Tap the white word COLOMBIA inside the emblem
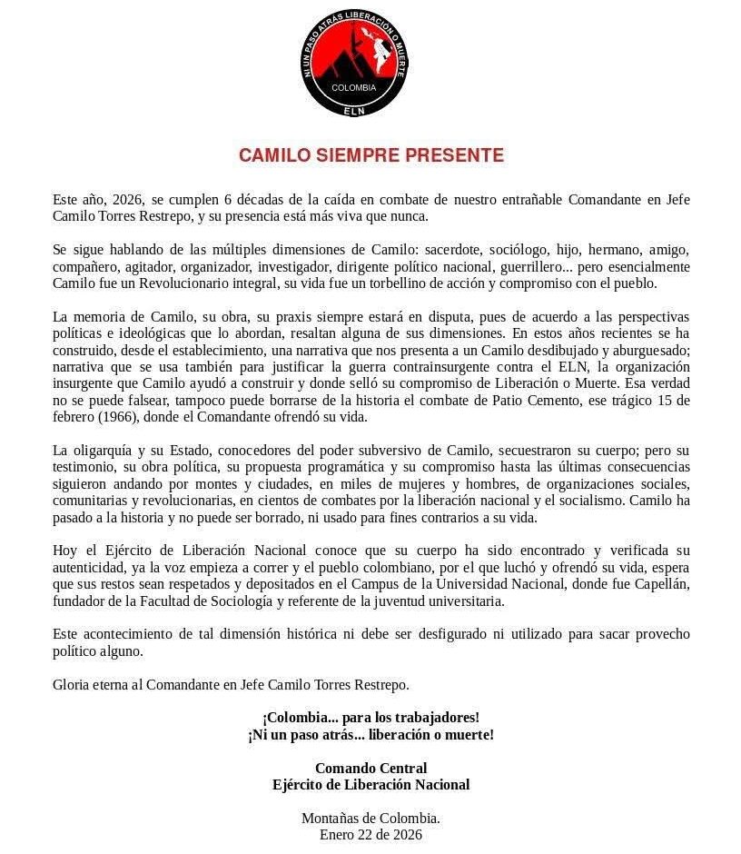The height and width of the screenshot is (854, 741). [353, 88]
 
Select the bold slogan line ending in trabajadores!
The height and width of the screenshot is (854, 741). [370, 718]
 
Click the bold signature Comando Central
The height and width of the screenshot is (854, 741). [370, 769]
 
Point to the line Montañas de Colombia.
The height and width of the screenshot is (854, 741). [370, 819]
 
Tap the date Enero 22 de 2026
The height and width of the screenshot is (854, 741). [370, 835]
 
